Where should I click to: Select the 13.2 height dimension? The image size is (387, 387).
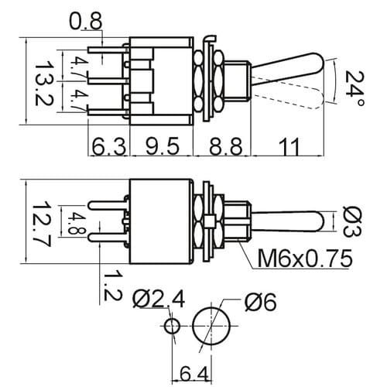click(x=43, y=84)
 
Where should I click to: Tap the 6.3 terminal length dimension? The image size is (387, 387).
click(x=109, y=146)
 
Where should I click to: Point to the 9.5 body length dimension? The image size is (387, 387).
click(x=162, y=146)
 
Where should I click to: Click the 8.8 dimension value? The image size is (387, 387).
click(x=226, y=146)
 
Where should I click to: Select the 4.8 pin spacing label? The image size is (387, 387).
click(x=76, y=223)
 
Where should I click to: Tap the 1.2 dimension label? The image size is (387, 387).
click(x=112, y=286)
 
